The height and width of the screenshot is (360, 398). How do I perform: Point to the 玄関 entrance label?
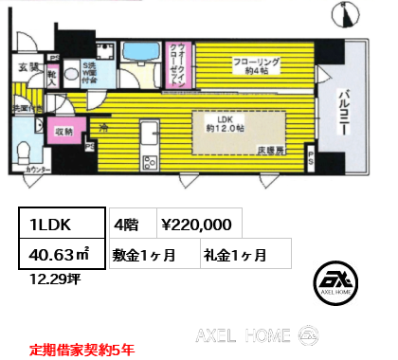[28, 66]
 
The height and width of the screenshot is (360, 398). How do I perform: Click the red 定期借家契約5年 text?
[81, 350]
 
